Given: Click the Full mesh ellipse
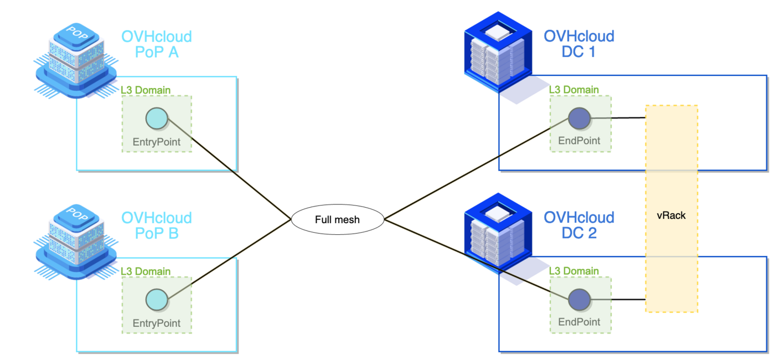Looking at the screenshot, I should pos(337,220).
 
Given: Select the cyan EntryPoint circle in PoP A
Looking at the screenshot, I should pos(157,119).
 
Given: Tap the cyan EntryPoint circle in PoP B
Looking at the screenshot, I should pos(157,300).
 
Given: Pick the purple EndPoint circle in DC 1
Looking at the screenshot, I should pos(580,119).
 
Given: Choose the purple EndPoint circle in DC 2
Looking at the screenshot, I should pos(580,300).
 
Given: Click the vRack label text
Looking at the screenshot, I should pos(671,215).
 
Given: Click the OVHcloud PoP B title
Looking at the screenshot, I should pos(157,225).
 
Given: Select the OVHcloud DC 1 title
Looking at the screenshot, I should pos(579,44).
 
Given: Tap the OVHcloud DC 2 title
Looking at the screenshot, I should pos(579,225).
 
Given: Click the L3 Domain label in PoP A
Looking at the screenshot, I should pos(146,90).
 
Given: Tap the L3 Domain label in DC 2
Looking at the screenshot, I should pos(574,271).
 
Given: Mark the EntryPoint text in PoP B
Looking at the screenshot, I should pos(157,323).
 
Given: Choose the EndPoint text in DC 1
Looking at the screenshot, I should pos(580,141).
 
